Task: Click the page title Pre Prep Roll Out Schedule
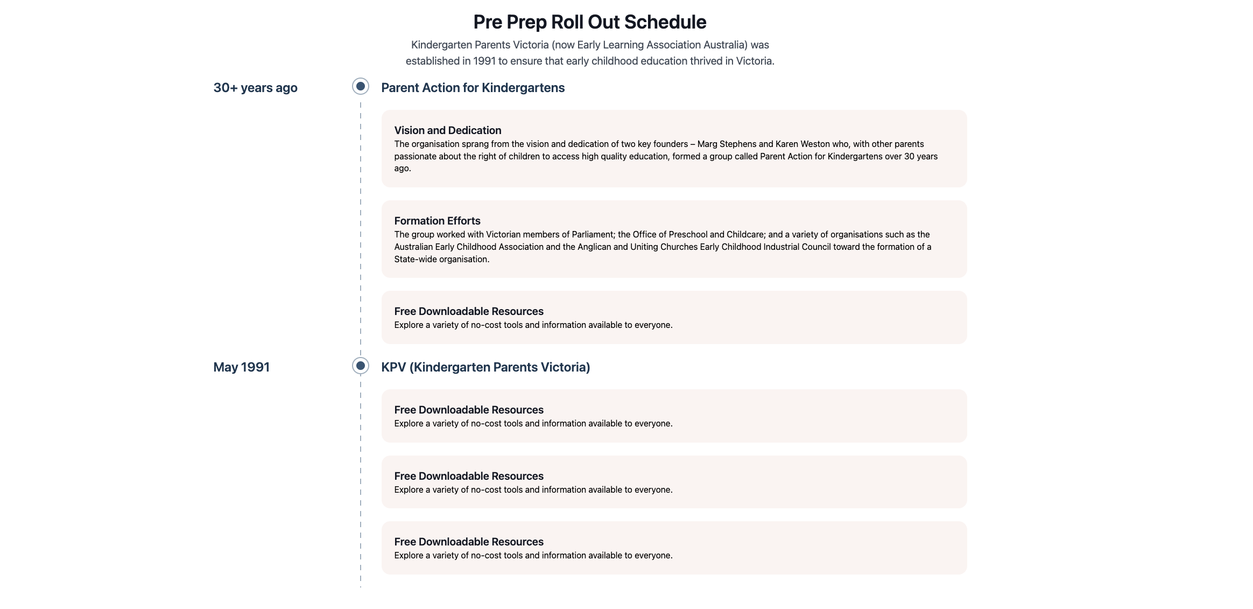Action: click(589, 22)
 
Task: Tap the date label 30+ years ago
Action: click(255, 88)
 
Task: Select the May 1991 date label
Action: click(241, 367)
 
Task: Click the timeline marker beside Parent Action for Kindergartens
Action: click(361, 86)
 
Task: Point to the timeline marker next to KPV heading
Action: click(361, 366)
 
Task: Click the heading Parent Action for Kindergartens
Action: click(473, 88)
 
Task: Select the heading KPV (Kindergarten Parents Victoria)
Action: click(485, 367)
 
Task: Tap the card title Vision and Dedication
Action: click(447, 130)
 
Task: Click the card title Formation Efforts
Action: click(437, 221)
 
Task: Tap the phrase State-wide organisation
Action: click(441, 260)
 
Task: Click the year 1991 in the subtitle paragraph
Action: click(484, 61)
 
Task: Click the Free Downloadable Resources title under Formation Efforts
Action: click(468, 311)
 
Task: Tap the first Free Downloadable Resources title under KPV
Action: click(468, 410)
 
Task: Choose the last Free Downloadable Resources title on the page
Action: click(468, 542)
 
